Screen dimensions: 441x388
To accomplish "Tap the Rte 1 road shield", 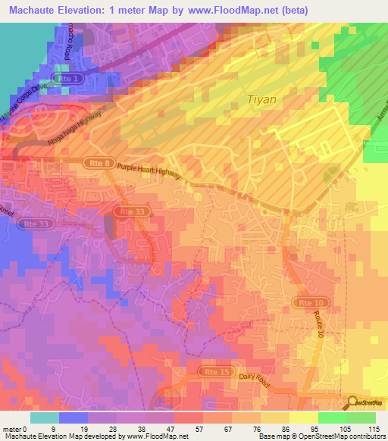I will coord(67,79).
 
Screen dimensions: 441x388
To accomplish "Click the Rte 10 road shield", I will coord(305,302).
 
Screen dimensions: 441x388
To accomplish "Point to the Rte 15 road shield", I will coord(213,372).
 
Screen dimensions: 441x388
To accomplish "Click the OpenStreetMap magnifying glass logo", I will coord(352,402).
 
